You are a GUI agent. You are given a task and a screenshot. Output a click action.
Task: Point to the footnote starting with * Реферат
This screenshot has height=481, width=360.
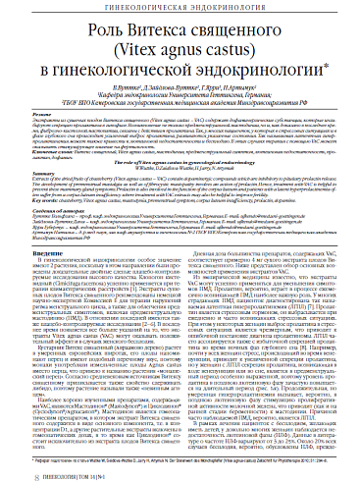point(177,457)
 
